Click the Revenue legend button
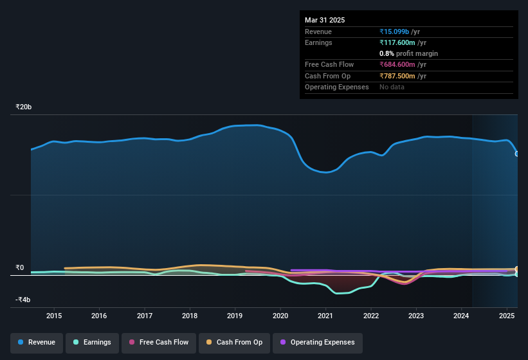37,343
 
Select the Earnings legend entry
92,343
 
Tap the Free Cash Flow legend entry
158,343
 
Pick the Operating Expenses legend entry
317,343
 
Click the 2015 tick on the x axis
54,316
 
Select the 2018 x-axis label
190,316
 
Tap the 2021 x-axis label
325,316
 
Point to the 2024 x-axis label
461,316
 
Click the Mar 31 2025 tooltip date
325,20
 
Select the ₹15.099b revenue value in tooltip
399,32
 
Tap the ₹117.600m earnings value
403,42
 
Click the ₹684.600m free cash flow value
403,64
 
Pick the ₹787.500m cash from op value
403,76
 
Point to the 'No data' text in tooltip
392,87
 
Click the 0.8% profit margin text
408,53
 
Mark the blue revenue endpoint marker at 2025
517,154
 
